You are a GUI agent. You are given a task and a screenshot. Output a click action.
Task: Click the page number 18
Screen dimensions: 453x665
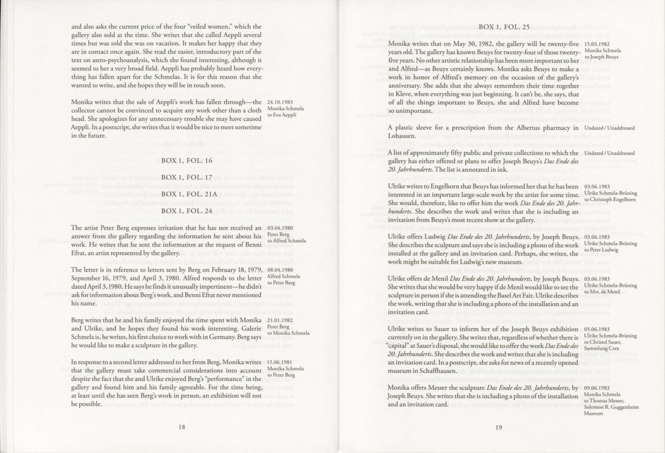pos(182,427)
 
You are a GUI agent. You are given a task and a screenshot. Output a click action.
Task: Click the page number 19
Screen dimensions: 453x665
pos(498,427)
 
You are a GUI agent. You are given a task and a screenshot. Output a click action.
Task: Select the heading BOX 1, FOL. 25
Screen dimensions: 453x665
pos(504,27)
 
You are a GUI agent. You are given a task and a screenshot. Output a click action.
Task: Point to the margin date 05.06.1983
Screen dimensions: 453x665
pos(597,329)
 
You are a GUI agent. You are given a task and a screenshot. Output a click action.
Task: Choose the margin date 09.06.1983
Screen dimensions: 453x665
pos(597,388)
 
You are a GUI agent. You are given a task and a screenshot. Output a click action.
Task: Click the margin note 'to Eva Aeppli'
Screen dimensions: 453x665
pos(282,115)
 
